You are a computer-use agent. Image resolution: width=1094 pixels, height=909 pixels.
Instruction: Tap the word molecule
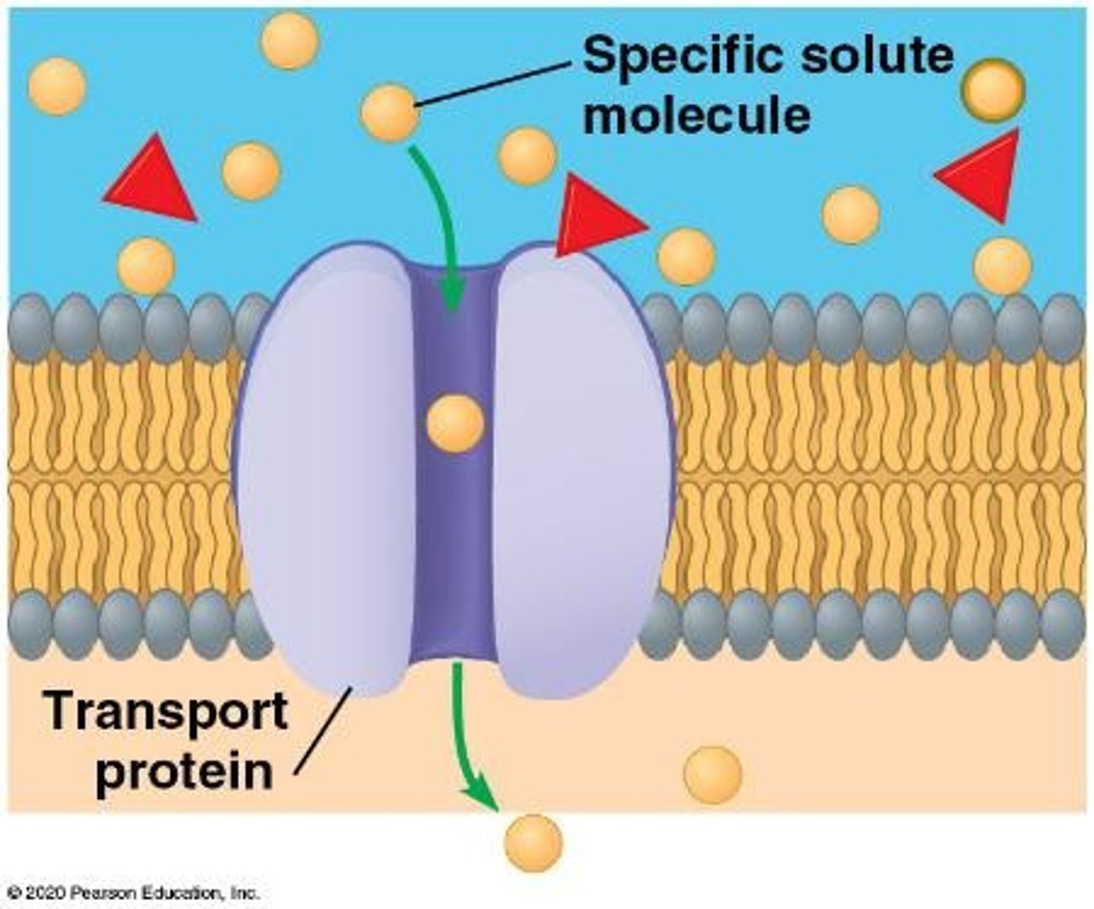click(696, 116)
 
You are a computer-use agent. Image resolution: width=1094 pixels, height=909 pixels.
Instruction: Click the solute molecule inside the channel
click(455, 423)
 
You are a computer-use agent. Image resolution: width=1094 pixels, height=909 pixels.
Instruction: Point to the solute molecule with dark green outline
click(992, 89)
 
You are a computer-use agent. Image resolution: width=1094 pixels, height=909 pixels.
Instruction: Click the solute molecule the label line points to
click(390, 113)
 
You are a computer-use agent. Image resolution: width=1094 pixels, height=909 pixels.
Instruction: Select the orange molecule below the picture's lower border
click(533, 843)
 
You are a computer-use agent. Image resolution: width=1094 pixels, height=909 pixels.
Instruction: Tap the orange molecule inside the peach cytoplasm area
click(712, 774)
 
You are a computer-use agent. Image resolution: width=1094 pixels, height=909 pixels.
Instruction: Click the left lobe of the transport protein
click(327, 471)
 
